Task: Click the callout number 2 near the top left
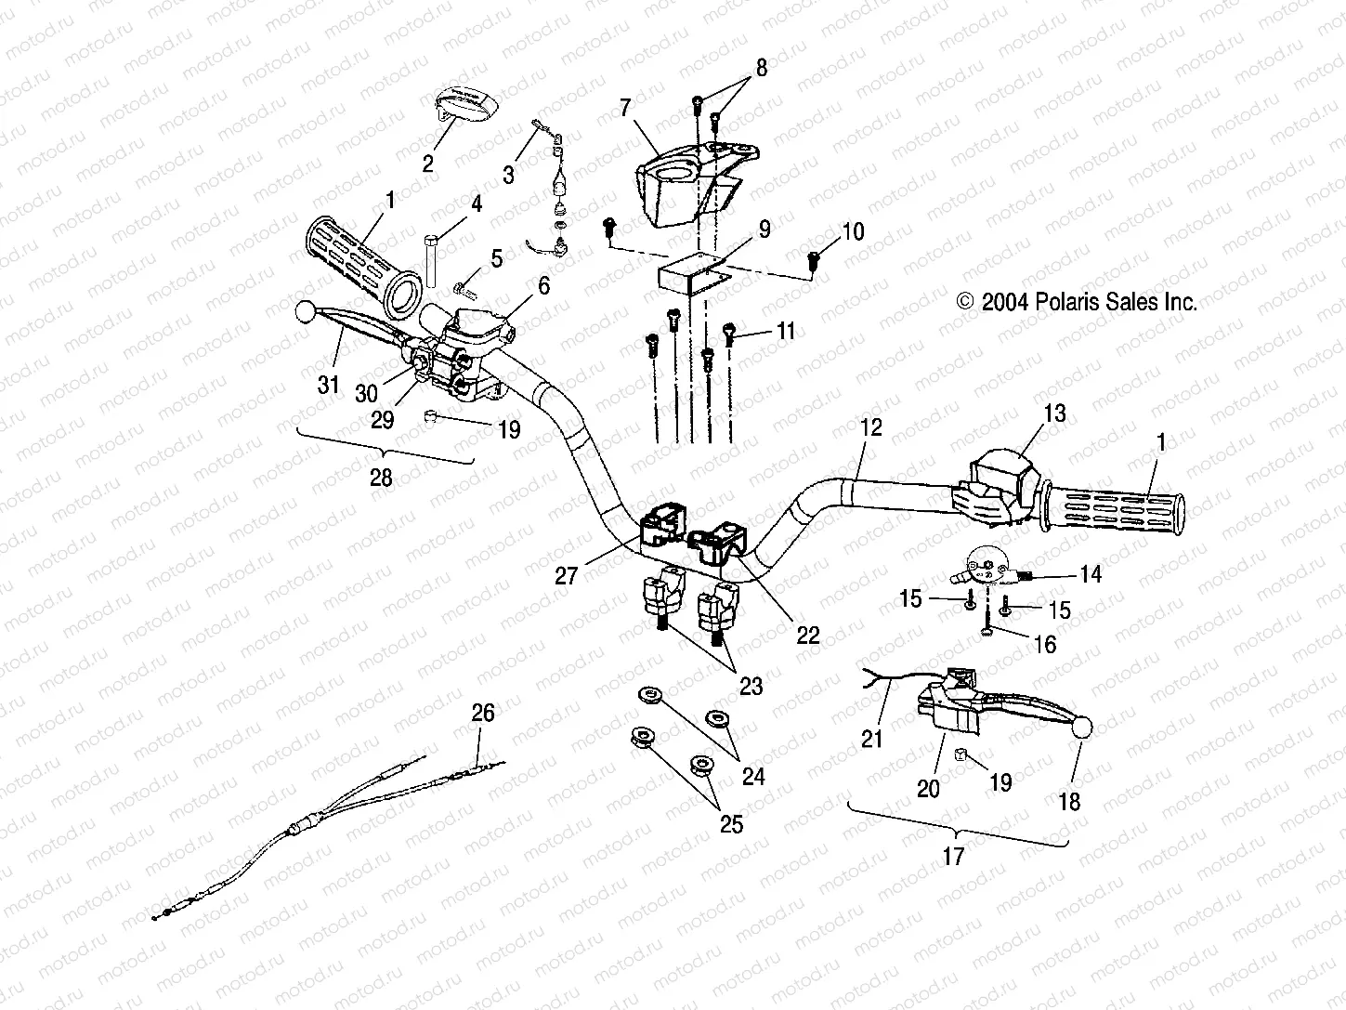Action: [427, 164]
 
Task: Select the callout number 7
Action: [625, 110]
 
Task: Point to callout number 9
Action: [764, 229]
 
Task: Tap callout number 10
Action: [852, 231]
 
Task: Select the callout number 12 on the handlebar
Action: [871, 428]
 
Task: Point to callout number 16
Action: [1045, 645]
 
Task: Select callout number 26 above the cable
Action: [483, 713]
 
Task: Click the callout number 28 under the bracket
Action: [381, 479]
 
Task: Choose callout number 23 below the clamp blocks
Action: [751, 687]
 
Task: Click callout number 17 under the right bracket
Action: [953, 856]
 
